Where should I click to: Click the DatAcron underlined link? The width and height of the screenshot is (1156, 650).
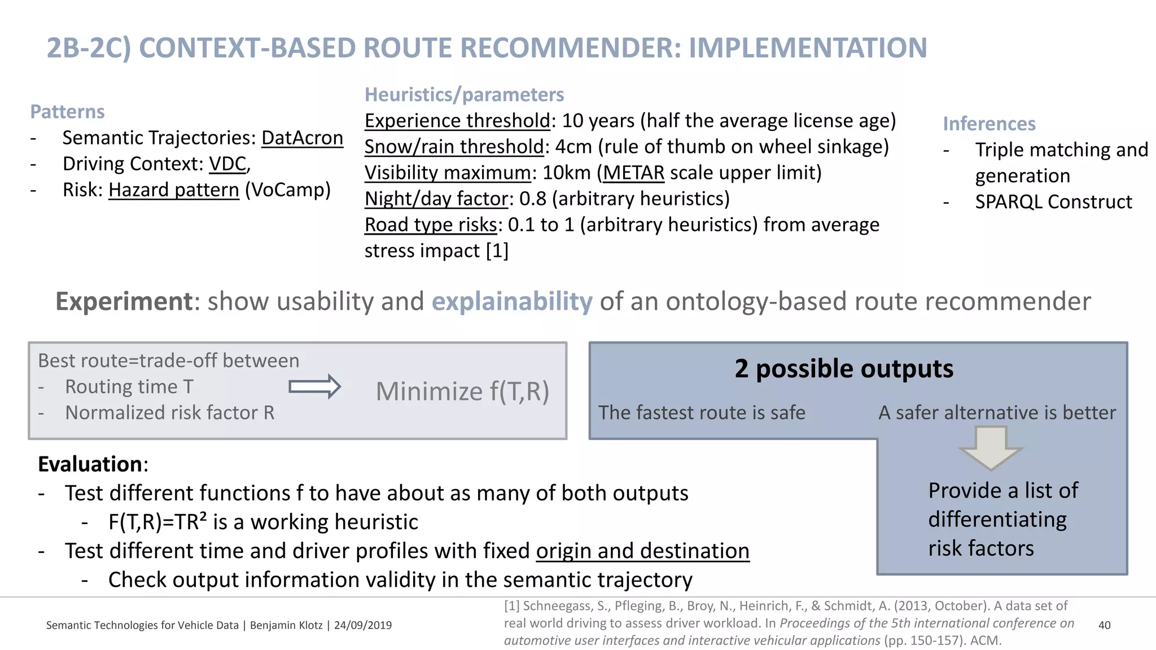(x=302, y=138)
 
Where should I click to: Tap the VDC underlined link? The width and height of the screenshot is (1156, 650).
(x=227, y=164)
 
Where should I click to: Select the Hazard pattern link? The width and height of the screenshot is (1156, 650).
(x=174, y=190)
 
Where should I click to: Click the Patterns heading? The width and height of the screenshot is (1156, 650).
(x=67, y=112)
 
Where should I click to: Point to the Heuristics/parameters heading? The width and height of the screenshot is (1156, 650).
(x=464, y=94)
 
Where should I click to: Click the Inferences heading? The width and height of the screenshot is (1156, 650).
(x=989, y=124)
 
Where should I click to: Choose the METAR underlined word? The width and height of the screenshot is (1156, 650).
(x=633, y=173)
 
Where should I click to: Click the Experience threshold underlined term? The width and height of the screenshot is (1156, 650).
(x=457, y=121)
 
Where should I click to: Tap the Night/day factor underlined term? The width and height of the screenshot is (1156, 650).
(x=436, y=199)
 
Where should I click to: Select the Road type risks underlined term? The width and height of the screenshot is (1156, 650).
(x=430, y=225)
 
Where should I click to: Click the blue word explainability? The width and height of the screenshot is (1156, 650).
(x=512, y=301)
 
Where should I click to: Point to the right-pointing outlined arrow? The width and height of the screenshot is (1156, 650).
(x=314, y=387)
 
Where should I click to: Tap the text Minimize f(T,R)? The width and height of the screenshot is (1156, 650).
(x=462, y=391)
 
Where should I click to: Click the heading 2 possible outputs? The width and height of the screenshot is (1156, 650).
(x=844, y=368)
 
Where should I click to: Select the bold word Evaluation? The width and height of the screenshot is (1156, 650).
(x=90, y=464)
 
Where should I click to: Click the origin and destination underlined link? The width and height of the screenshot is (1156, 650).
(x=642, y=551)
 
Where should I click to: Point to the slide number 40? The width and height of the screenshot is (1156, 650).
(x=1104, y=625)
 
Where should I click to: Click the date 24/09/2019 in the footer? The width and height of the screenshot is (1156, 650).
(x=362, y=625)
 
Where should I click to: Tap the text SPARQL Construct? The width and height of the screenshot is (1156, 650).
(x=1053, y=202)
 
